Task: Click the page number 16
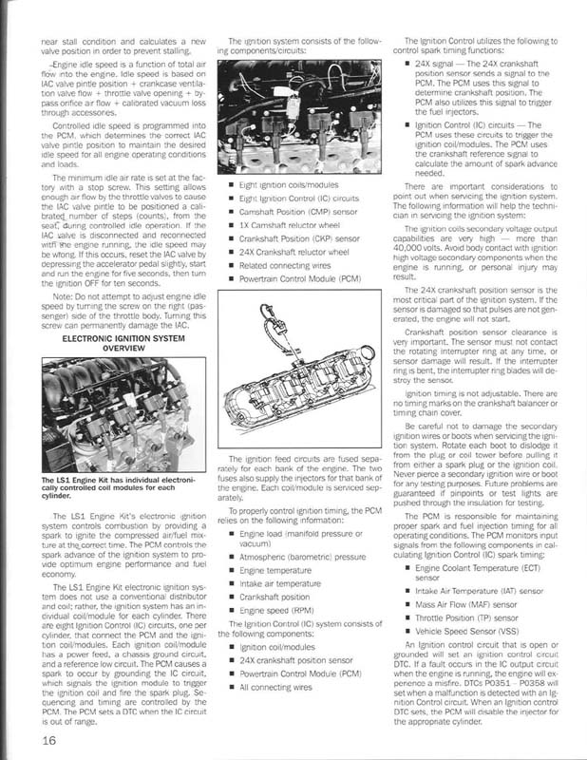tap(50, 740)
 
